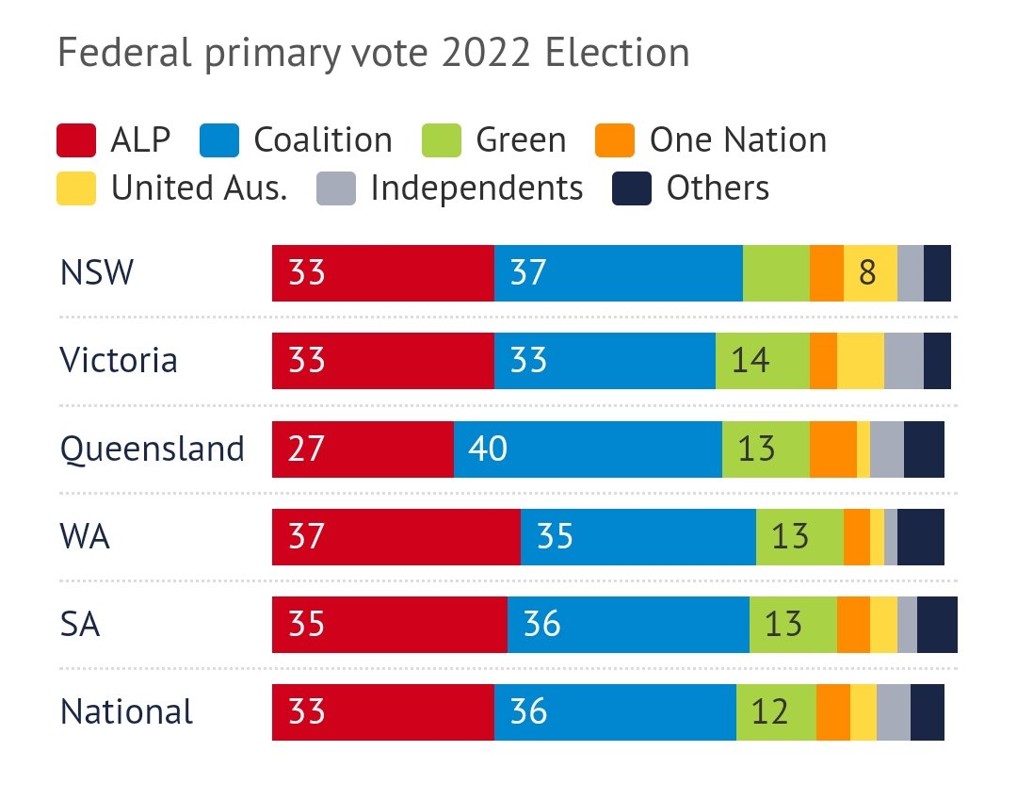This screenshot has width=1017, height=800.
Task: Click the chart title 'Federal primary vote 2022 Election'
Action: pyautogui.click(x=373, y=52)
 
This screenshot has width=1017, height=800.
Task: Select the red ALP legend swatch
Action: pyautogui.click(x=76, y=140)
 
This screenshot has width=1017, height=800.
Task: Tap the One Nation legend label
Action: pyautogui.click(x=737, y=140)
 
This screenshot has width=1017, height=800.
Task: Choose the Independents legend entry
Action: pyautogui.click(x=476, y=188)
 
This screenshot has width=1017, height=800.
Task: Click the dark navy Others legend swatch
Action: pyautogui.click(x=631, y=188)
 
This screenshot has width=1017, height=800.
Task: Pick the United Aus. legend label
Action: pyautogui.click(x=199, y=188)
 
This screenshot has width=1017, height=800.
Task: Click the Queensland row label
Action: pyautogui.click(x=152, y=449)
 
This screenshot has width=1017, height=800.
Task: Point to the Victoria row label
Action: pyautogui.click(x=119, y=361)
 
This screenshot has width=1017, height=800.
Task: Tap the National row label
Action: pyautogui.click(x=126, y=711)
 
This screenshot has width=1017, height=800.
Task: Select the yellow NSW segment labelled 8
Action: pyautogui.click(x=869, y=273)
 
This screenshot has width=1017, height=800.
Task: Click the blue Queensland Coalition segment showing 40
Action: pyautogui.click(x=588, y=449)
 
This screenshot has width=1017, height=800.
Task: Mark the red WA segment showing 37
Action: pyautogui.click(x=395, y=536)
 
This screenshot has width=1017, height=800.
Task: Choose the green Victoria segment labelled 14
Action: pyautogui.click(x=762, y=361)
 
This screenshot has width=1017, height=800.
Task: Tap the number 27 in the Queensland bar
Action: pyautogui.click(x=307, y=449)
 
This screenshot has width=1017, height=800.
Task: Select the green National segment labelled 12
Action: pyautogui.click(x=776, y=711)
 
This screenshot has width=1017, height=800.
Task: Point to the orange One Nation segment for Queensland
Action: pyautogui.click(x=832, y=449)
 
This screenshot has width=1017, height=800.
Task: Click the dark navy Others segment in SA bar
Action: pyautogui.click(x=936, y=624)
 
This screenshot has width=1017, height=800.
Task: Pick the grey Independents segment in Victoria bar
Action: pyautogui.click(x=903, y=361)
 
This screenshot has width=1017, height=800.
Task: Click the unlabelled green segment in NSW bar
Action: pyautogui.click(x=776, y=273)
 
